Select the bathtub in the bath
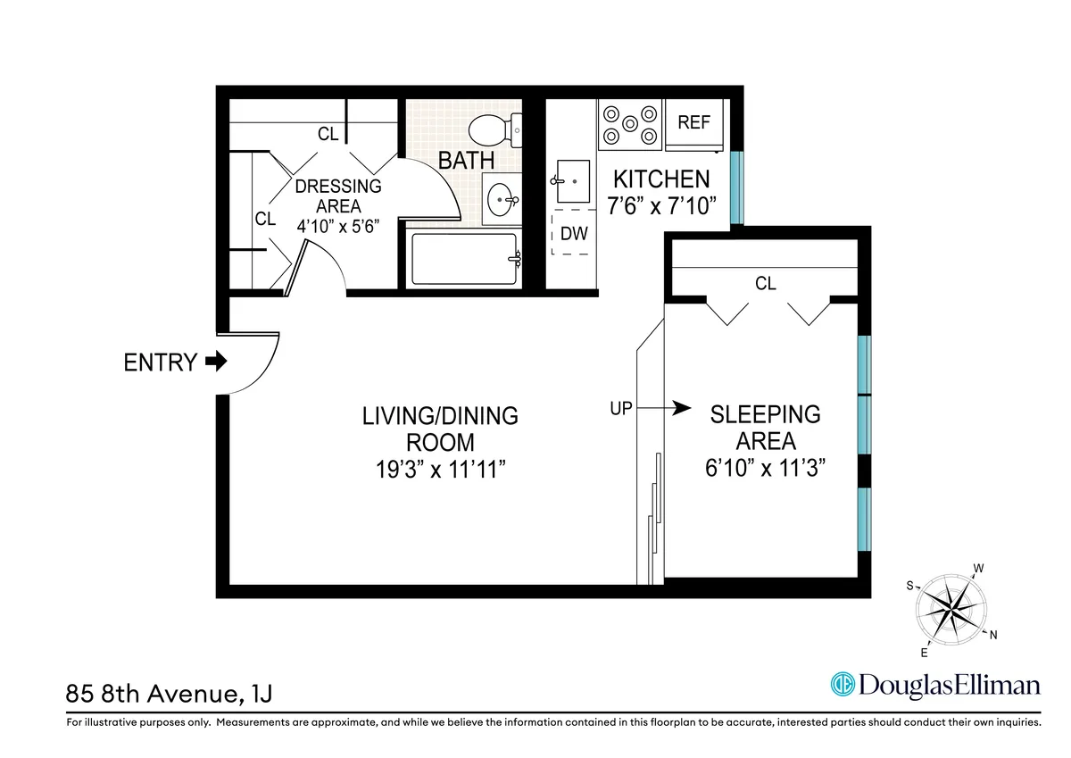[463, 259]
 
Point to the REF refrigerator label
[693, 122]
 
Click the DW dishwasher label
[574, 234]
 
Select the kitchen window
[735, 188]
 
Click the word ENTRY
[160, 362]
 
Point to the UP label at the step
[620, 409]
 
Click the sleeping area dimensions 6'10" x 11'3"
[765, 469]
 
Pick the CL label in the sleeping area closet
[766, 284]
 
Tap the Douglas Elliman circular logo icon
[843, 685]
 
